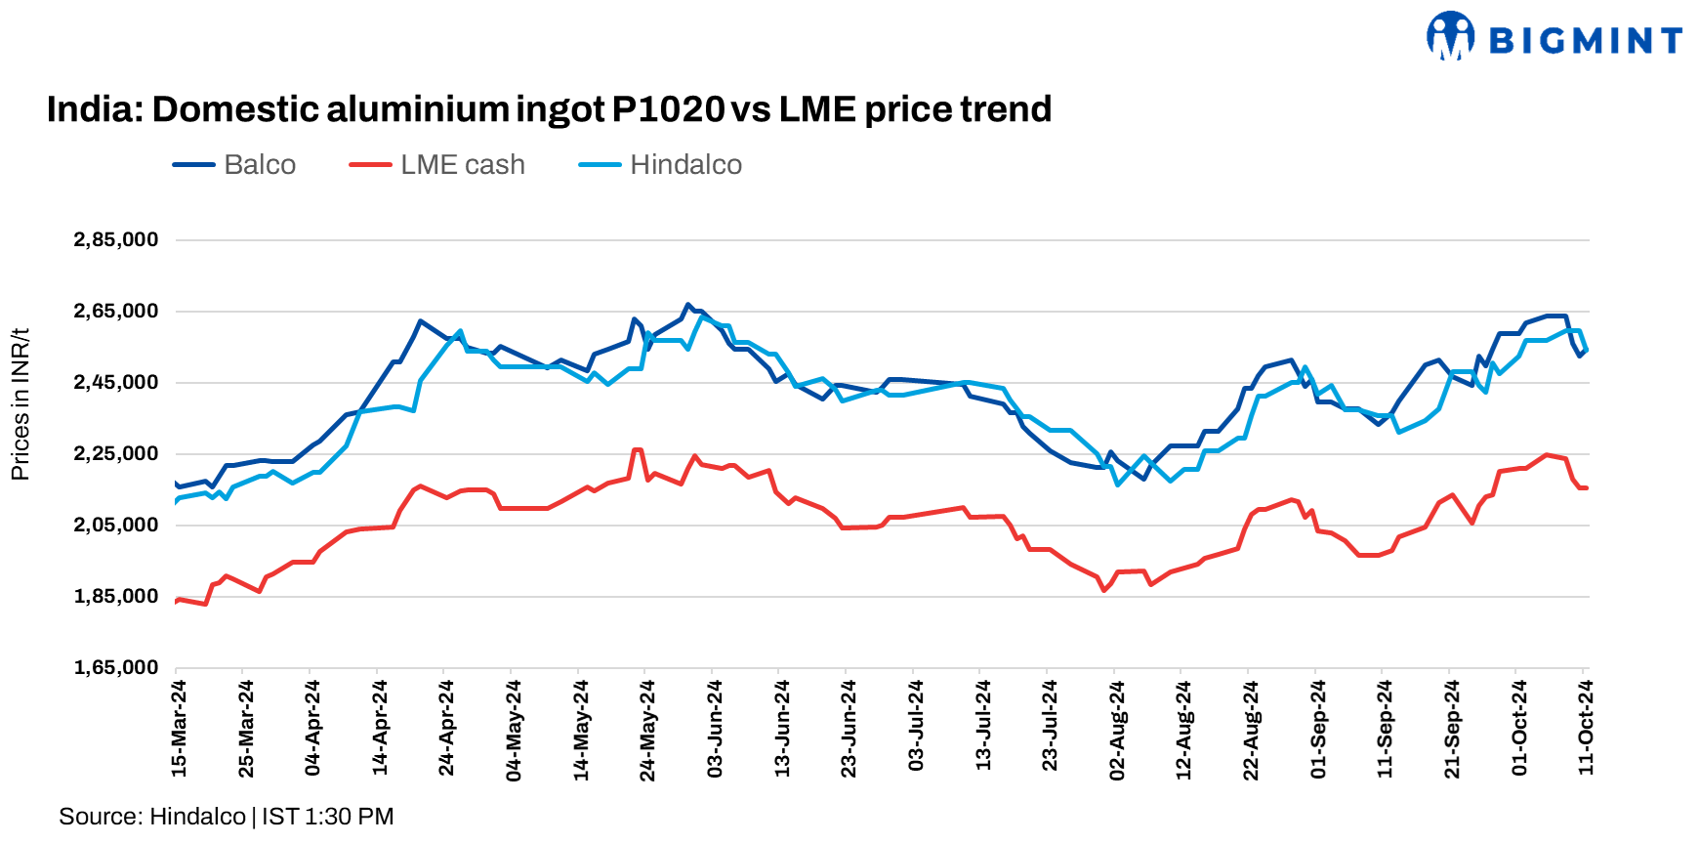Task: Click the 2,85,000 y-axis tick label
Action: click(x=115, y=240)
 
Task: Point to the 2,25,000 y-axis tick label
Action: click(x=115, y=454)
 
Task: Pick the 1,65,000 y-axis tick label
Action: click(x=115, y=668)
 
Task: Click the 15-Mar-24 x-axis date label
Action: click(x=179, y=729)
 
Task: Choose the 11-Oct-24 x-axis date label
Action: click(x=1586, y=729)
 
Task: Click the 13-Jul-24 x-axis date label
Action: click(x=983, y=729)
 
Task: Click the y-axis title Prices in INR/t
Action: click(x=20, y=404)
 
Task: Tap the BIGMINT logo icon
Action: click(x=1450, y=36)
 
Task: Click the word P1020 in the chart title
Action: click(x=668, y=109)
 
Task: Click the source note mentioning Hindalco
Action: click(x=226, y=817)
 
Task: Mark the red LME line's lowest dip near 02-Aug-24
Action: click(x=1104, y=590)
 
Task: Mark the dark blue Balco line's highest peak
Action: click(x=687, y=305)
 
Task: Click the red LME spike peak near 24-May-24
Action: click(x=637, y=449)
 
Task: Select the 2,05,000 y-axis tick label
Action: click(x=115, y=526)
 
